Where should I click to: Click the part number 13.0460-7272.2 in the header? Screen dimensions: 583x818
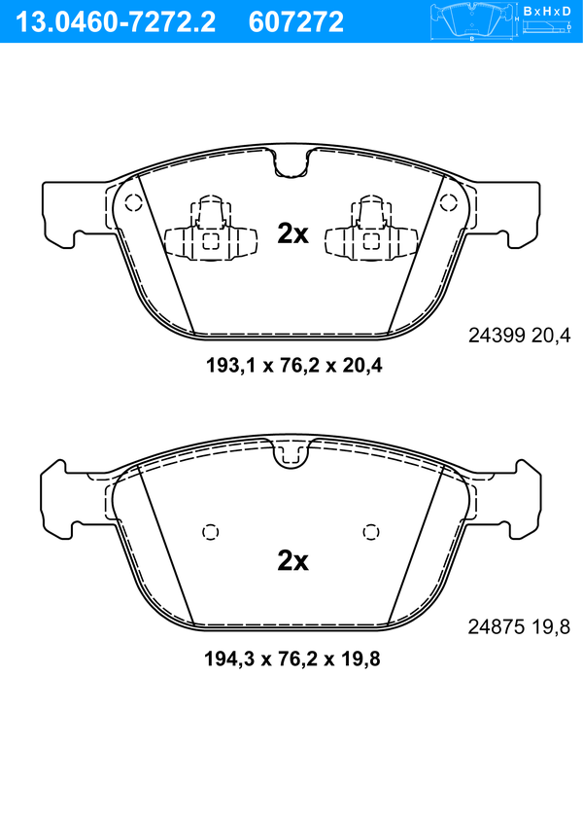point(116,22)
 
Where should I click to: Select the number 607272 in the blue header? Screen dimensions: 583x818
point(296,22)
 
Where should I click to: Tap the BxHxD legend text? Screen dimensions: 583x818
point(547,11)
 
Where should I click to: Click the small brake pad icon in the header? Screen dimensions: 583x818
point(473,21)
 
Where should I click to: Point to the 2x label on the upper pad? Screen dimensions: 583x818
point(292,233)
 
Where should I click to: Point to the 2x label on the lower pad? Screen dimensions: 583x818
point(292,561)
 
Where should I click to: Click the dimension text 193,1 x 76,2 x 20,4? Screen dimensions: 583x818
point(293,365)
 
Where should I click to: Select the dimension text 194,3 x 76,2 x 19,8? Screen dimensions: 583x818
point(292,658)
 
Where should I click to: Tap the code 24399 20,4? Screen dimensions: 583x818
point(520,336)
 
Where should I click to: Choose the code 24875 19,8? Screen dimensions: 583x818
point(519,626)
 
